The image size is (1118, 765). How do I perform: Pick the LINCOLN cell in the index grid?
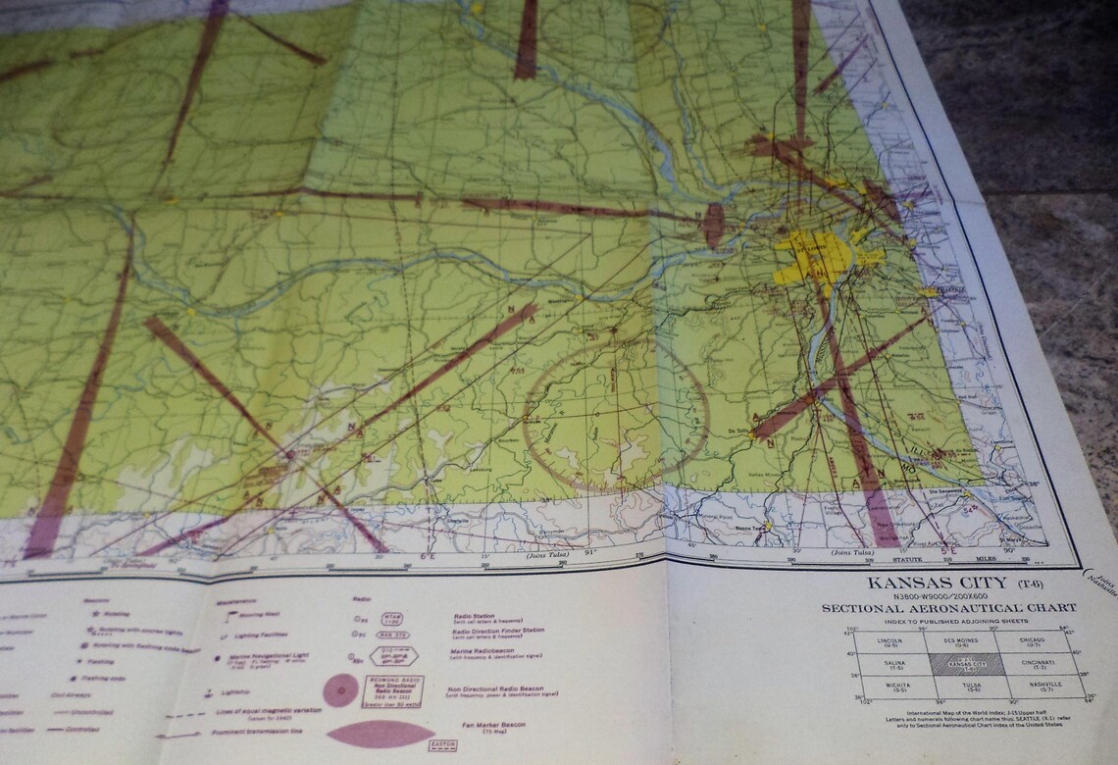tap(891, 641)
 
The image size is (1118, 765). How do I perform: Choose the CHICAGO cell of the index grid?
tap(1032, 641)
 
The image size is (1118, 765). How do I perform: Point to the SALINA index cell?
tap(891, 664)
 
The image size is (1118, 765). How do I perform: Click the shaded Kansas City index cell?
tap(965, 664)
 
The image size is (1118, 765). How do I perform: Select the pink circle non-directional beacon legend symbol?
tap(340, 691)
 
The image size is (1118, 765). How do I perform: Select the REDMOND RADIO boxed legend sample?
tap(393, 690)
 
